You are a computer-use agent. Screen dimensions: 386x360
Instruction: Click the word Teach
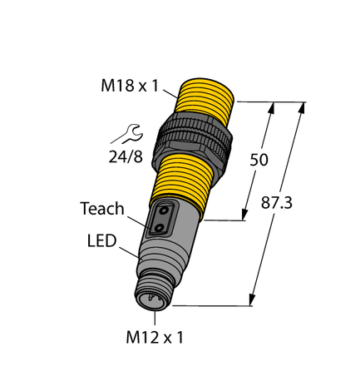click(102, 209)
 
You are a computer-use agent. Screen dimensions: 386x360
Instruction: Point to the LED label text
click(101, 240)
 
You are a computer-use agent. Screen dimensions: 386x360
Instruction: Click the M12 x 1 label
click(155, 338)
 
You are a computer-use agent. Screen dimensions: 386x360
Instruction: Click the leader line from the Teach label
click(137, 220)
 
